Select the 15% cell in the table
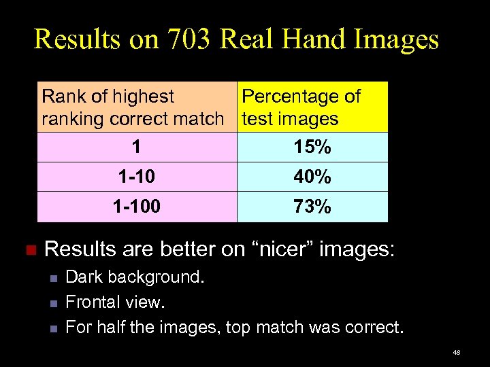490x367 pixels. (312, 147)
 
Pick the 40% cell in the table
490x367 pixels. (312, 177)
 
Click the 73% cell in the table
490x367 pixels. (312, 207)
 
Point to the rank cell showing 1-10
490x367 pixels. (136, 177)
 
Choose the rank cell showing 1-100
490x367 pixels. (136, 207)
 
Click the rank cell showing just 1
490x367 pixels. (136, 147)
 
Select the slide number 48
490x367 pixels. (457, 352)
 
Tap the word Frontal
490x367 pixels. (93, 302)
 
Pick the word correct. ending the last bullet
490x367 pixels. (373, 328)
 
